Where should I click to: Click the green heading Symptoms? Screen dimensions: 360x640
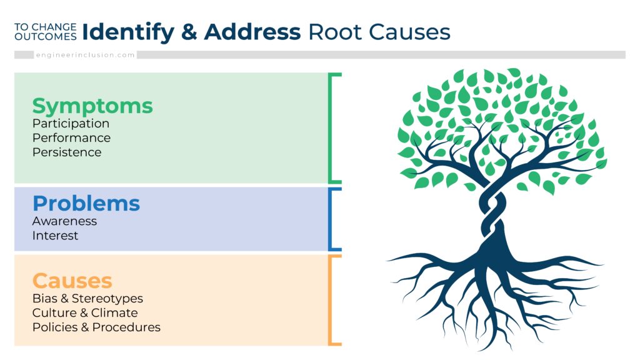point(92,106)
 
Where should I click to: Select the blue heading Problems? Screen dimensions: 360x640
point(86,203)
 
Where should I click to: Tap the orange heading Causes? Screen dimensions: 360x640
point(72,281)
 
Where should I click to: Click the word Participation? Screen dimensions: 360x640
point(71,124)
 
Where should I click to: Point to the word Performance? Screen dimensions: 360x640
point(71,137)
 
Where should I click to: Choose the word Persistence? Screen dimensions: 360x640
point(67,152)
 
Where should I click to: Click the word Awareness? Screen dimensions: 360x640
point(64,221)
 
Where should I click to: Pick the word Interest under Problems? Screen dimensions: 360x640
point(55,236)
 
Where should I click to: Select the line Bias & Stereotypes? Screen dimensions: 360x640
point(87,299)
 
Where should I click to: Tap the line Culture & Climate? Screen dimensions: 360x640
point(85,312)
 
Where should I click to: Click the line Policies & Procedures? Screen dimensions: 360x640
point(96,327)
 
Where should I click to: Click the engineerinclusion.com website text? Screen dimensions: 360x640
point(85,55)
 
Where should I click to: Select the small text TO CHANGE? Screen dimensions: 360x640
point(45,27)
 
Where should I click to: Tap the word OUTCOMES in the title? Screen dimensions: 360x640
point(45,36)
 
